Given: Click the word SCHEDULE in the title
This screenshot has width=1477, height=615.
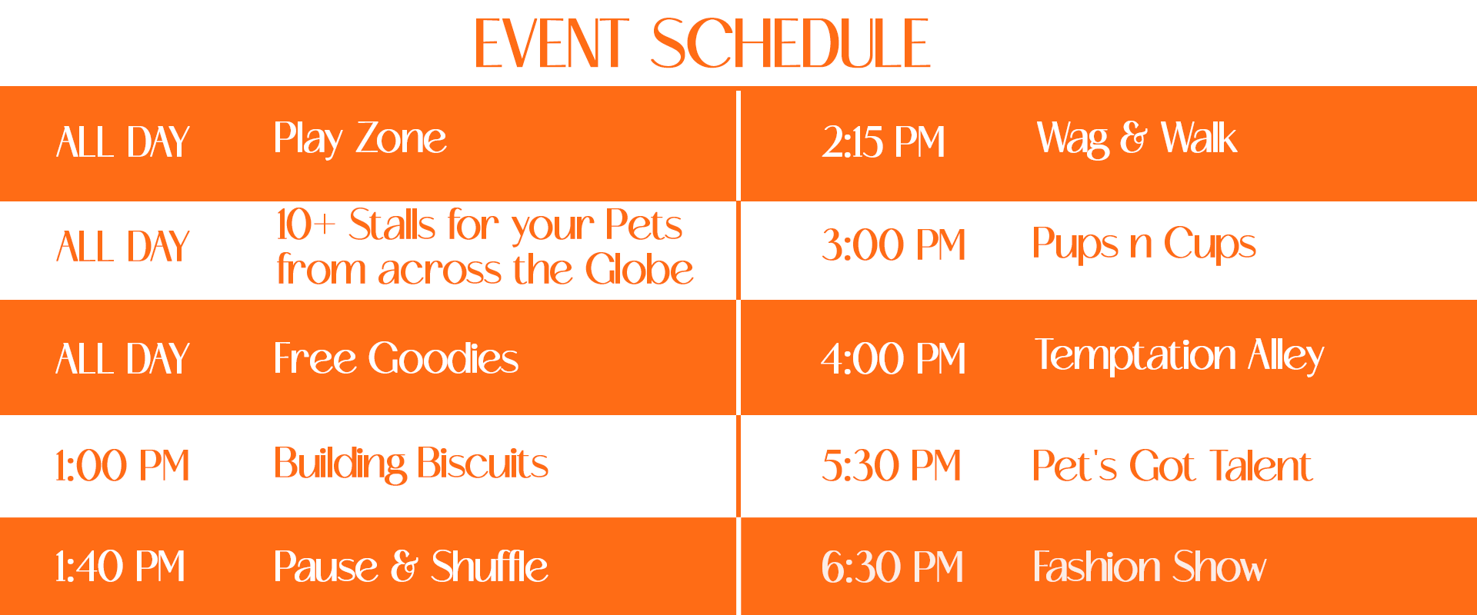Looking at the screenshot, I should coord(791,44).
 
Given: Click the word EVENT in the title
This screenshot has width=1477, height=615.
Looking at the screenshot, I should coord(552,44).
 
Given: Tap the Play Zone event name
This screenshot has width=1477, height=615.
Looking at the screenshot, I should coord(360,139).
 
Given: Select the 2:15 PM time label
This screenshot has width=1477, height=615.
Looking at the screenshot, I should coord(883,142).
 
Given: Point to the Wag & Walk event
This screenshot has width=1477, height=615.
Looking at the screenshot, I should coord(1136,139).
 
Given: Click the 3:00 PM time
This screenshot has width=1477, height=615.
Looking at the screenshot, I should coord(893,245).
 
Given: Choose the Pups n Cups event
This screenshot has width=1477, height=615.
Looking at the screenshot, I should coord(1143,244).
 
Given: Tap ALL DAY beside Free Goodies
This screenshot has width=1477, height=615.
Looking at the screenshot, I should coord(122,359).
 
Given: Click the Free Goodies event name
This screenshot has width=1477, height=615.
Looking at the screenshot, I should coord(395,358).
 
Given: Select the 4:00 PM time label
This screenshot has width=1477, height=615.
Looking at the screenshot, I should coord(893,359).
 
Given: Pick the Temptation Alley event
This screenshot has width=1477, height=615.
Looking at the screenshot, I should coord(1179,355).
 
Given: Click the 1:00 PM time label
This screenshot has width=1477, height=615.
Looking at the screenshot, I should coord(122,466).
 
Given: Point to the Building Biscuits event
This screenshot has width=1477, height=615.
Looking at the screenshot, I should coord(411,464).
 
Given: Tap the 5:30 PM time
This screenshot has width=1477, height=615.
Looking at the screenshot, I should coord(891,466).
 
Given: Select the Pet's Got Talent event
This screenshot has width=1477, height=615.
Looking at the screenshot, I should coord(1172,466).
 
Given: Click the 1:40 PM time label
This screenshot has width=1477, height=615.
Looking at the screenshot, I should coord(120,567).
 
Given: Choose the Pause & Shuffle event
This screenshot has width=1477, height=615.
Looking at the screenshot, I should coord(411,567).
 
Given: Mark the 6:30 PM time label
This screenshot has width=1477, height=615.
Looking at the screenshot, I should coord(892,567).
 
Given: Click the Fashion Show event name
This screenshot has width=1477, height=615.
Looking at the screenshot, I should coord(1149,567).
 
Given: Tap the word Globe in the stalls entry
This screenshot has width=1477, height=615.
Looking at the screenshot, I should coord(639,270).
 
